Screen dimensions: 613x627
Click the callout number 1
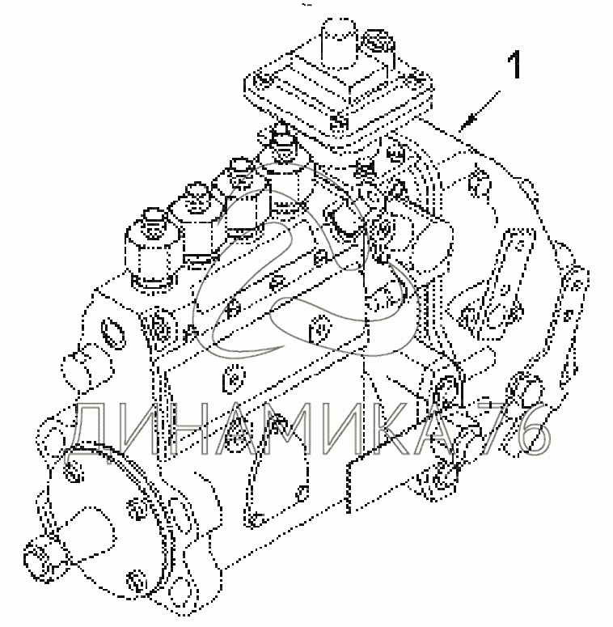(515, 65)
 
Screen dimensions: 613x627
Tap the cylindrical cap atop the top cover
(339, 43)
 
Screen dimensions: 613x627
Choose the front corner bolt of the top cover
(338, 122)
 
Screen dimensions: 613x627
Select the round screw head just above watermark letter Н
(234, 378)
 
